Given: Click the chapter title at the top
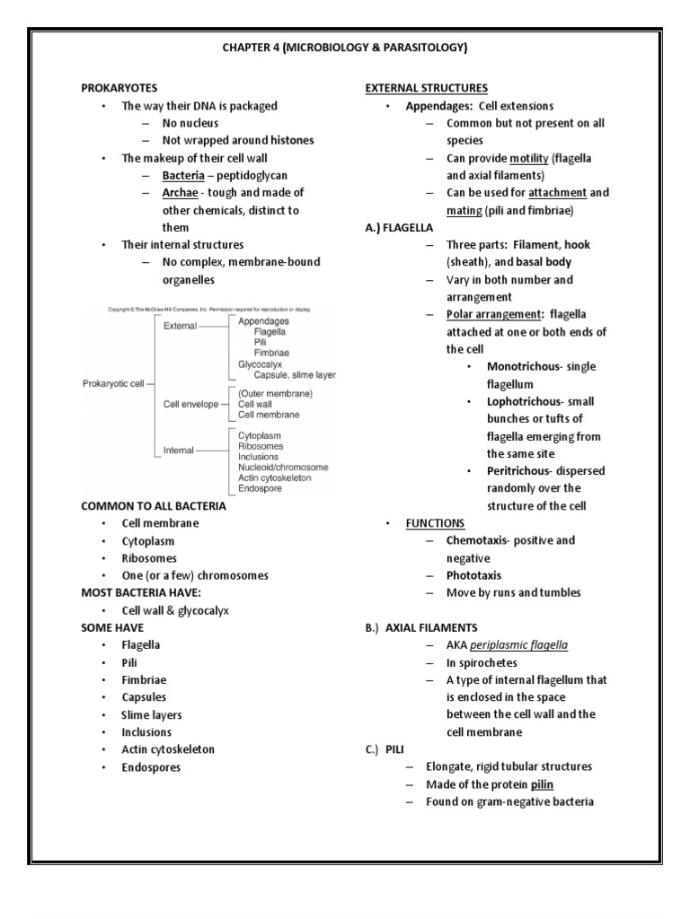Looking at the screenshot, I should [344, 48].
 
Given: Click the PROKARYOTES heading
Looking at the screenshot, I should [119, 88].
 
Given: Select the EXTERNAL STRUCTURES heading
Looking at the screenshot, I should [426, 88].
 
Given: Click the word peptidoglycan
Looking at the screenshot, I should [255, 176].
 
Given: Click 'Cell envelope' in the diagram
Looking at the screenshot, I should [190, 404].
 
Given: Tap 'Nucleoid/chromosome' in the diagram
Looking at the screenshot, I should [283, 467].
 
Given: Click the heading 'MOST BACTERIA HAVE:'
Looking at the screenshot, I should [138, 593].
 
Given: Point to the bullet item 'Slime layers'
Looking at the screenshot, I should [152, 715].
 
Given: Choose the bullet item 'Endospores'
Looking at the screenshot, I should [151, 767].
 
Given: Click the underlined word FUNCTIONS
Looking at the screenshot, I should [435, 523].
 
